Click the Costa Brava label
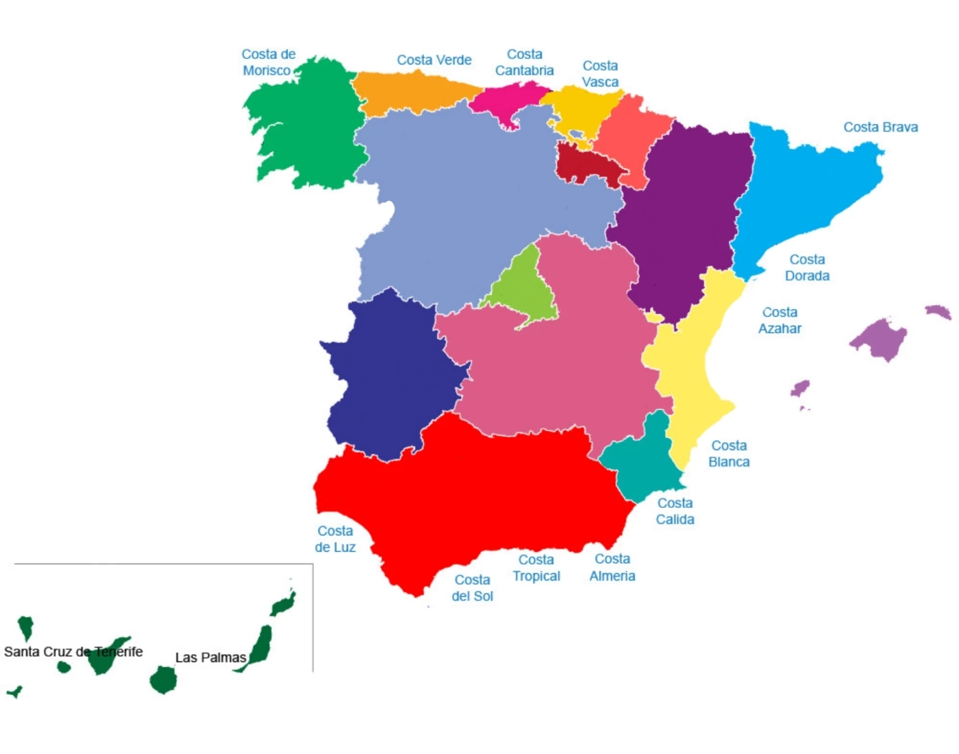(x=880, y=127)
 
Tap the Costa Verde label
(x=434, y=60)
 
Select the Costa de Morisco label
(x=268, y=62)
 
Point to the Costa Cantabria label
(x=525, y=62)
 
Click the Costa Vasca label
(x=600, y=74)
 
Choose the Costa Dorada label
(x=807, y=268)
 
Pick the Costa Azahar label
(x=780, y=321)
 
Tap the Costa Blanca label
(x=729, y=454)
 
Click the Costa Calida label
(x=675, y=511)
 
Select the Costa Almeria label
(x=612, y=568)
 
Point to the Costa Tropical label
(x=536, y=568)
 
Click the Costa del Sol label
(x=472, y=588)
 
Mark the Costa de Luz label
(x=335, y=539)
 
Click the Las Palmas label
(x=210, y=658)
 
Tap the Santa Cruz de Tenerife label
(x=73, y=652)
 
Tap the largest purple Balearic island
(x=880, y=338)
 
